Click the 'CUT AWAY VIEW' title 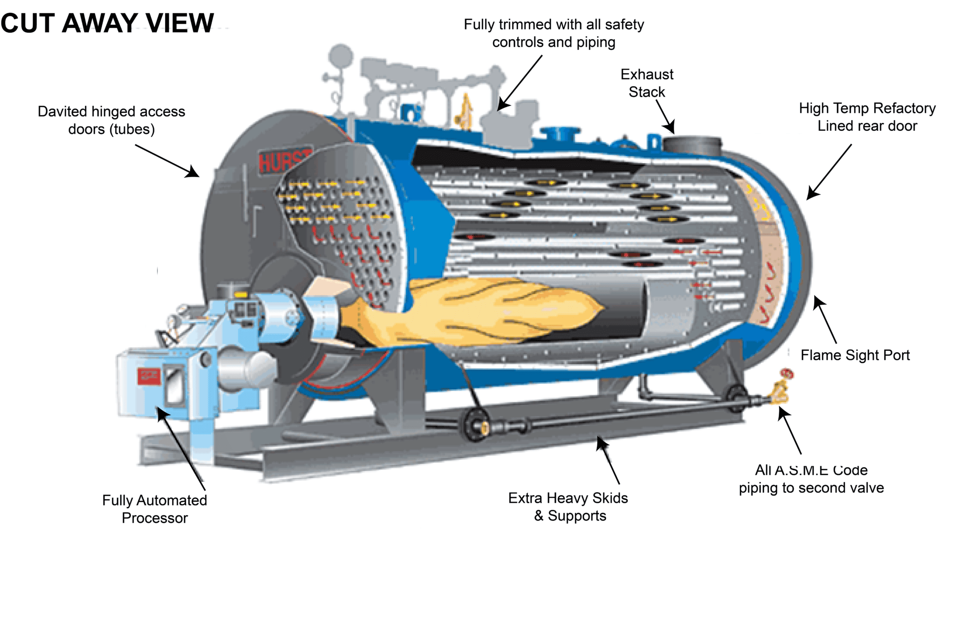pos(107,23)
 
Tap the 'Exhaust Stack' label pos(647,83)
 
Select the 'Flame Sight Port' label pos(855,355)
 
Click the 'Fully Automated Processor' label pos(155,509)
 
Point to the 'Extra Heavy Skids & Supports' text pos(568,507)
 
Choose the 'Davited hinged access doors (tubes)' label pos(111,120)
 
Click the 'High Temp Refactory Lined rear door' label pos(867,117)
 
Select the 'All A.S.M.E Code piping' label pos(811,479)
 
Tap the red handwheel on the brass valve pos(787,374)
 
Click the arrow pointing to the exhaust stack pos(665,116)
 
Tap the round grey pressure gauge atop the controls pos(341,56)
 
